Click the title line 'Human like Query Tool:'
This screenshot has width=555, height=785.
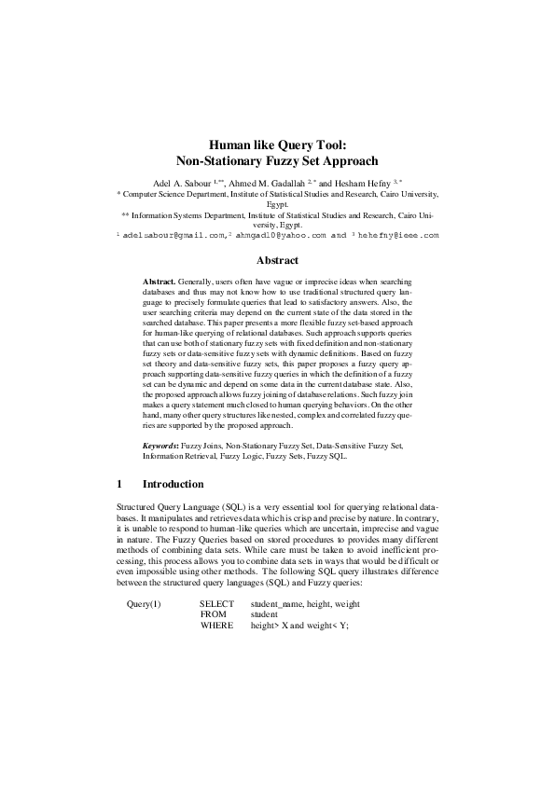pos(277,145)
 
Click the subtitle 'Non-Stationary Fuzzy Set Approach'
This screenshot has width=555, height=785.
pos(277,160)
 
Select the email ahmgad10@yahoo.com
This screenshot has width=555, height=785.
pos(281,235)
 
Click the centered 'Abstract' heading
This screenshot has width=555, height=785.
pos(277,260)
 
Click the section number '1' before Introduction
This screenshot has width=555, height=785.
pos(119,485)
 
